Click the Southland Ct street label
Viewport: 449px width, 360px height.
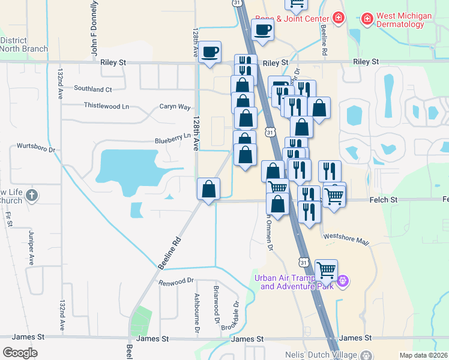93,89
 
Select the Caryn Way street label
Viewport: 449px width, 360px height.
175,106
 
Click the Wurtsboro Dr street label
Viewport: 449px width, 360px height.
36,146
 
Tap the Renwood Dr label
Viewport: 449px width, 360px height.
176,280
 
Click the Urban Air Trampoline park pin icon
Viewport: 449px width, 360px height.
343,280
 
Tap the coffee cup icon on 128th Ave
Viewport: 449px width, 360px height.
210,52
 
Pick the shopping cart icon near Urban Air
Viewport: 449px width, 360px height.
326,270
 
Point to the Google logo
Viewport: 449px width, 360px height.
20,352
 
